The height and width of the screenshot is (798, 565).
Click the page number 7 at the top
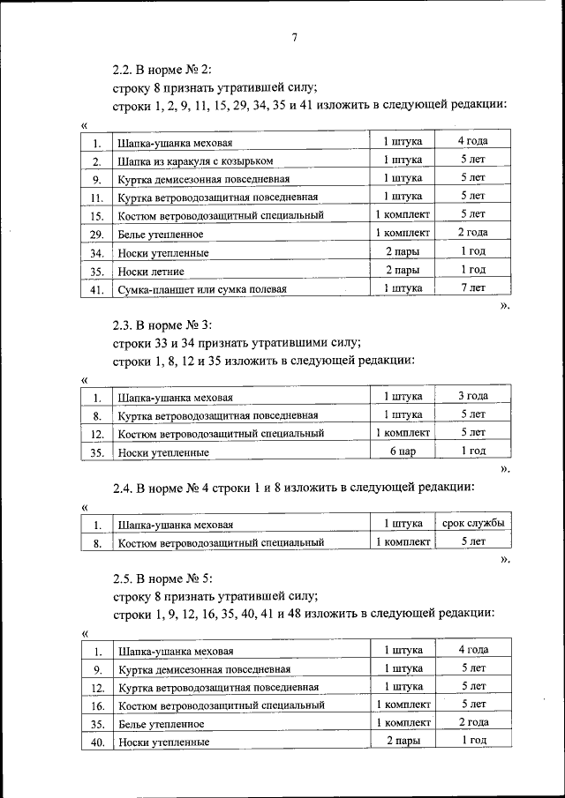(295, 36)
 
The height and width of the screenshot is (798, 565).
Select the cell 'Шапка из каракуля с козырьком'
(195, 161)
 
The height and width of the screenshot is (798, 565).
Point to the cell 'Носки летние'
(151, 272)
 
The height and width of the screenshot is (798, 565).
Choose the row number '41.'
(97, 289)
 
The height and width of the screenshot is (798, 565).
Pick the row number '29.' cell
(97, 235)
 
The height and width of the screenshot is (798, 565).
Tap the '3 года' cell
(472, 396)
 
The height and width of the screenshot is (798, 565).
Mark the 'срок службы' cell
(472, 524)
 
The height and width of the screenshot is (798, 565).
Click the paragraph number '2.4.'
(125, 486)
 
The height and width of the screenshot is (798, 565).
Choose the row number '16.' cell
(97, 705)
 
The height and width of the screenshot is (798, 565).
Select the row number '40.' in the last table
(97, 742)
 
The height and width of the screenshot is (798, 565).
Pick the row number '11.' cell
(97, 198)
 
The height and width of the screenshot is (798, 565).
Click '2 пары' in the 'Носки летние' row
(403, 270)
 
